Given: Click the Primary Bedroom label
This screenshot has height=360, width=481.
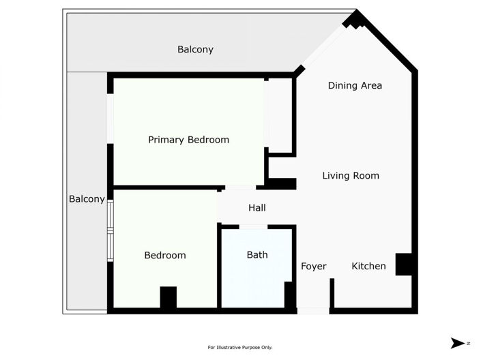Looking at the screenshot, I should click(x=188, y=140).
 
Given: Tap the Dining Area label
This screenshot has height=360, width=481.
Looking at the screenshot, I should click(x=355, y=86).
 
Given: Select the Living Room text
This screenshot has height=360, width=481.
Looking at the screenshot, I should click(x=351, y=176).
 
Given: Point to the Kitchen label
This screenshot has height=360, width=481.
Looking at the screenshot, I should click(x=368, y=266).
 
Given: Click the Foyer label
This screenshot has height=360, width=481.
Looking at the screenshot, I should click(x=314, y=266).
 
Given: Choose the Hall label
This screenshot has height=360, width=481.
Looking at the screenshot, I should click(x=257, y=208).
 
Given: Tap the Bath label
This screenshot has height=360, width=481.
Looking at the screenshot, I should click(x=257, y=255).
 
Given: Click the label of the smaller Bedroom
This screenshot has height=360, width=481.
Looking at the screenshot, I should click(x=165, y=256).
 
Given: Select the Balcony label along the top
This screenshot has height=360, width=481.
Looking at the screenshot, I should click(x=195, y=49).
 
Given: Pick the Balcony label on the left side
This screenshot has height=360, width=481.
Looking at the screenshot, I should click(x=87, y=199).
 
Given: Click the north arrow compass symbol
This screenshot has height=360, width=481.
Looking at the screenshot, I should click(x=457, y=343).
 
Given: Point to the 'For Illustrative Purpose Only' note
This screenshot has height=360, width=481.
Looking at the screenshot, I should click(x=240, y=347).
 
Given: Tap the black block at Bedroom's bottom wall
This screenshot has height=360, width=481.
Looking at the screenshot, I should click(x=168, y=297).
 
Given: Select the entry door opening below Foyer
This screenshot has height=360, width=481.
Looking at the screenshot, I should click(x=313, y=311).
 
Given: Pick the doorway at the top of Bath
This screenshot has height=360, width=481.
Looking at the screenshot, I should click(x=252, y=226).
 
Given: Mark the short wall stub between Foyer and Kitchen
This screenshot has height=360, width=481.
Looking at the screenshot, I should click(x=332, y=294).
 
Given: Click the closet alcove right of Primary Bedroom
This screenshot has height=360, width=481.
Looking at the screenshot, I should click(x=279, y=115).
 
